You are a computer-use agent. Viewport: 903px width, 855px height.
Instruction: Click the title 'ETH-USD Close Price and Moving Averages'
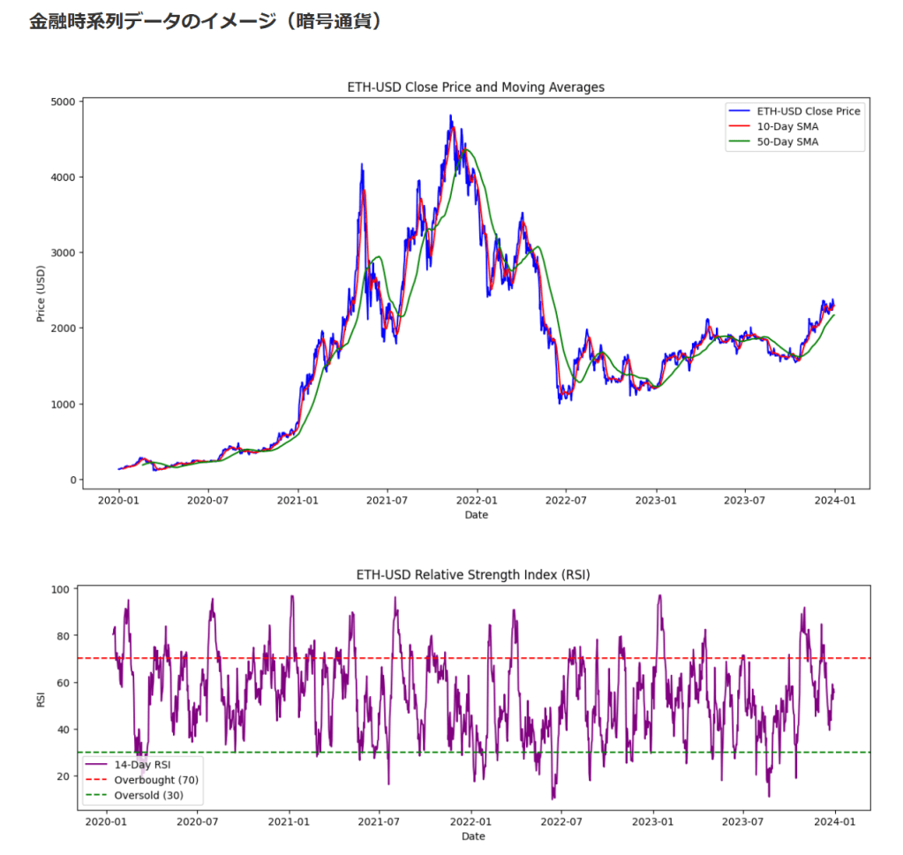click(x=476, y=87)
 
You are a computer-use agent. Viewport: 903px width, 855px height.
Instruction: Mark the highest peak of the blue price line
click(x=450, y=116)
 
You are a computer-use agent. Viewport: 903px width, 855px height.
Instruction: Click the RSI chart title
click(x=472, y=574)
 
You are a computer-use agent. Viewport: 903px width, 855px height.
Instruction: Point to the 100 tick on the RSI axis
click(x=63, y=589)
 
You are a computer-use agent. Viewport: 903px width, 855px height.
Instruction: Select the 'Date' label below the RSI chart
click(x=472, y=836)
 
